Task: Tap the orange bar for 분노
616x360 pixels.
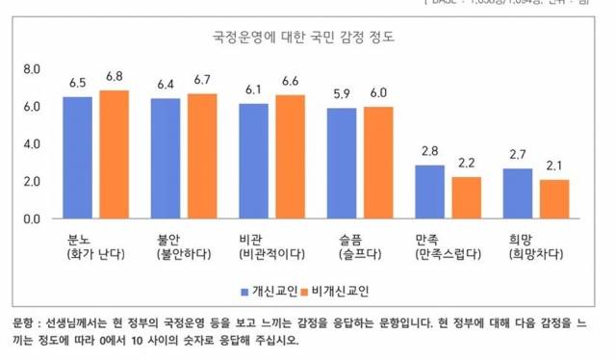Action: pyautogui.click(x=115, y=154)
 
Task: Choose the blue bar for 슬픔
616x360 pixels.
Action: pyautogui.click(x=341, y=163)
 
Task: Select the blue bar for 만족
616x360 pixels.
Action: pyautogui.click(x=429, y=192)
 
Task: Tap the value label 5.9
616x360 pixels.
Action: pyautogui.click(x=341, y=94)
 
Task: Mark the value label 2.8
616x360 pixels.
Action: pyautogui.click(x=429, y=152)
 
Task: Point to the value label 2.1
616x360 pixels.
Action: pyautogui.click(x=554, y=167)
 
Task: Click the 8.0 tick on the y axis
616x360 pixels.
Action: pyautogui.click(x=32, y=70)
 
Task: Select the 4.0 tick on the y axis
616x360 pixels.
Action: pyautogui.click(x=32, y=144)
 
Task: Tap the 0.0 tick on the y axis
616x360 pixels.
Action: pyautogui.click(x=32, y=219)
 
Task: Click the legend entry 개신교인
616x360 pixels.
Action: pyautogui.click(x=268, y=289)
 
